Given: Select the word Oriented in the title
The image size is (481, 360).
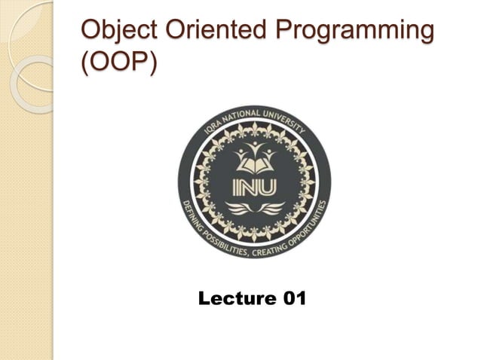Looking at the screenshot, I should (x=212, y=32).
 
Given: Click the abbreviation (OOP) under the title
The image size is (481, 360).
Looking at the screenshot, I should (x=119, y=64).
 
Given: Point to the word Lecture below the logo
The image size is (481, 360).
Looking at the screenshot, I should (x=234, y=300).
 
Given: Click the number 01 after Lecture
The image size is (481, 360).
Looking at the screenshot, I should (x=292, y=300).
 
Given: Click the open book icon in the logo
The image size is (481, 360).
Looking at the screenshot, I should (x=254, y=160).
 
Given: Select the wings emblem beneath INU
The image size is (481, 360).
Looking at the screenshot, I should (x=254, y=207).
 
